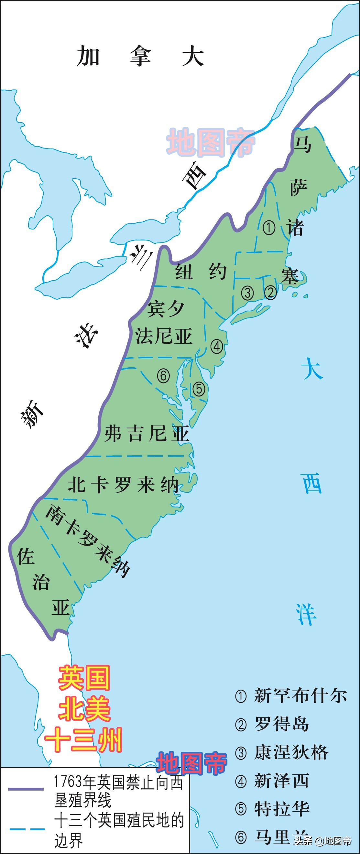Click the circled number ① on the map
point(269,228)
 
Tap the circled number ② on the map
point(270,293)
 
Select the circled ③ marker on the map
point(247,293)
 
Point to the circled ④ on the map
point(217,347)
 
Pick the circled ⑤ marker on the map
point(199,389)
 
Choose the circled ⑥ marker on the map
point(163,376)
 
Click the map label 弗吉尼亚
point(147,433)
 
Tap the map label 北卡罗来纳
point(123,485)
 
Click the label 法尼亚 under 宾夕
point(164,336)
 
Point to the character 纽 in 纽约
point(184,272)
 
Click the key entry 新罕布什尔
point(300,695)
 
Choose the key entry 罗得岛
point(281,724)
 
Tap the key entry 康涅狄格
point(291,752)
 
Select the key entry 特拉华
point(281,809)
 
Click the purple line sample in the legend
point(26,789)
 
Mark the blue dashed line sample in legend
point(27,829)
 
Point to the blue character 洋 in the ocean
point(306,614)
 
